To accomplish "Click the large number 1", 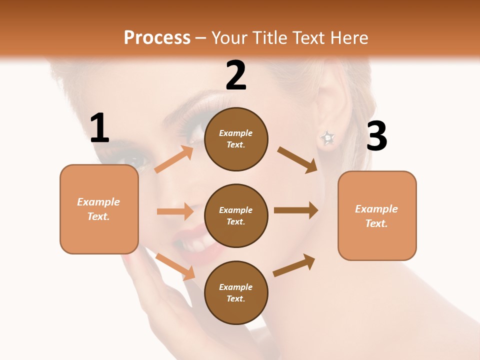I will point(99,129).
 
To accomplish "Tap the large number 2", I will point(236,75).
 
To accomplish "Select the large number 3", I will point(376,136).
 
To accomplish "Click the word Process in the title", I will point(157,37).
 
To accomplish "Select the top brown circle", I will point(236,139).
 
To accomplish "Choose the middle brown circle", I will point(236,215).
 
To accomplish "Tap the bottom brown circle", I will point(236,292).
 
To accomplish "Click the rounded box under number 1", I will point(99,209).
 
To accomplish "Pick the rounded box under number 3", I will point(377,215).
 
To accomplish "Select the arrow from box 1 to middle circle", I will point(175,211).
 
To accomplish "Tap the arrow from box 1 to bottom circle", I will point(175,266).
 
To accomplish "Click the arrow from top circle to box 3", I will point(297,160).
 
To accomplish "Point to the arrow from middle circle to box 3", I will point(296,210).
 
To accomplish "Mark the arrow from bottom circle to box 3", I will point(294,265).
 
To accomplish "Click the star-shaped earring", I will point(327,137).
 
